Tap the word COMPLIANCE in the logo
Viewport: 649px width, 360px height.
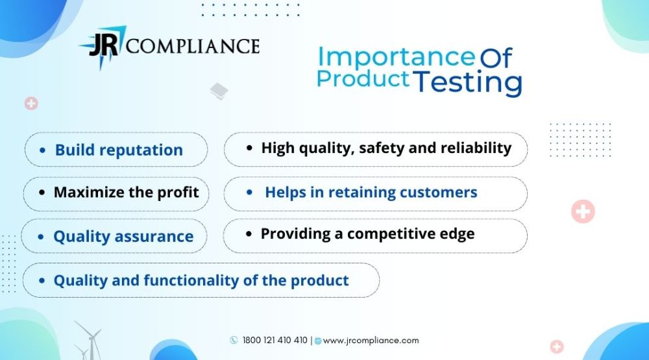(x=193, y=46)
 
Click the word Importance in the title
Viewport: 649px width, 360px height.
(x=396, y=58)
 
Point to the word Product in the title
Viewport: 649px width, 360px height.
(x=363, y=78)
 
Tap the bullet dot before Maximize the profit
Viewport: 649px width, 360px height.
(x=42, y=193)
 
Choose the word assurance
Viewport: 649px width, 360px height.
(x=154, y=236)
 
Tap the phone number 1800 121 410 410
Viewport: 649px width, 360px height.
(x=275, y=341)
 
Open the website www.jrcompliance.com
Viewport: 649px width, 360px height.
(x=371, y=341)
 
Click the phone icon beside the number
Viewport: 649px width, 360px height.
(x=234, y=340)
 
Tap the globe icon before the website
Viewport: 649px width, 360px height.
(x=318, y=341)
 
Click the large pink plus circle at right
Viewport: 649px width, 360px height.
(x=583, y=211)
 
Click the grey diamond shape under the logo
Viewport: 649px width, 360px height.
(x=219, y=91)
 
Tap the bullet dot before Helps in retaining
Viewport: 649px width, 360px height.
(x=249, y=193)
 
